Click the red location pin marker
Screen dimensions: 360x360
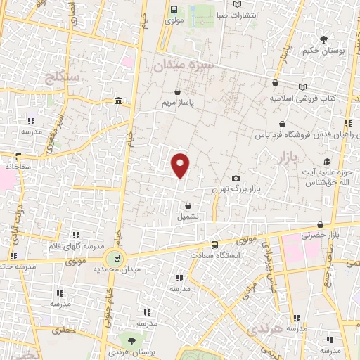point(181,165)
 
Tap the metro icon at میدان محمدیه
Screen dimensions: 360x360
point(117,258)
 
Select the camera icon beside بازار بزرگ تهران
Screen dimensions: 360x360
point(236,179)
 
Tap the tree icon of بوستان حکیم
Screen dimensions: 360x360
point(323,39)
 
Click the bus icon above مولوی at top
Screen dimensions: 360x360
point(174,9)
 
